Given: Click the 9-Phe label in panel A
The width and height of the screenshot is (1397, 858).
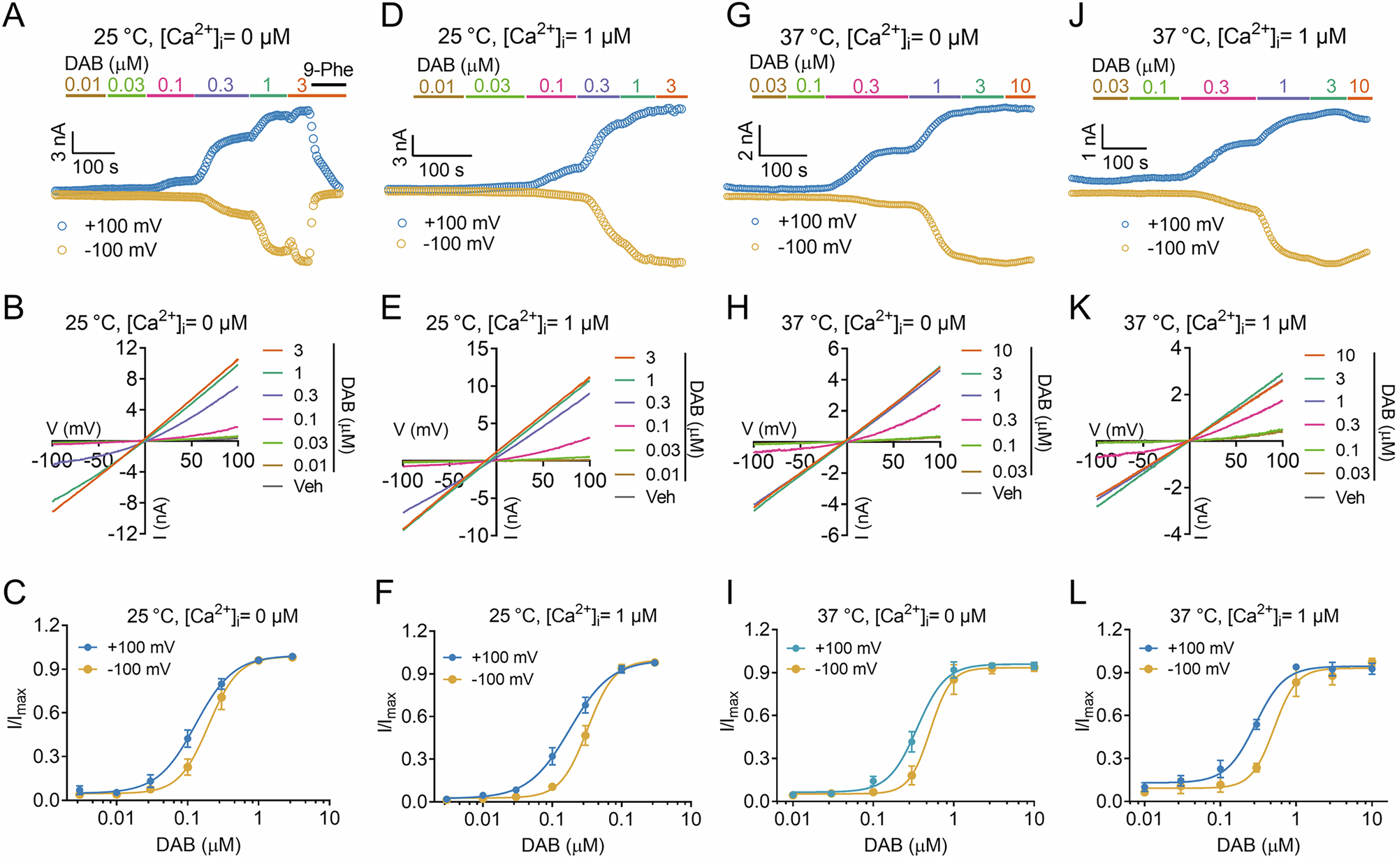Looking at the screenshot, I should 328,70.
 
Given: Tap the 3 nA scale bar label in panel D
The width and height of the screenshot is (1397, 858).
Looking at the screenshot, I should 400,147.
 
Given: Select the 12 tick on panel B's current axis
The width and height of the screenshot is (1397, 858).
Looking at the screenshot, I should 126,347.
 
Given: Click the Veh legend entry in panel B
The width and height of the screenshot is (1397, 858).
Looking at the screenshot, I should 307,486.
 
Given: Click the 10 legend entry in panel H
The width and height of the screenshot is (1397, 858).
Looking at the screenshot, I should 1002,351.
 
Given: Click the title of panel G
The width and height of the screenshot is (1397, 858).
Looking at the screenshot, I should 879,36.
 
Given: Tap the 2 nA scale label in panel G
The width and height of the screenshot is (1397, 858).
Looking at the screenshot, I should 746,140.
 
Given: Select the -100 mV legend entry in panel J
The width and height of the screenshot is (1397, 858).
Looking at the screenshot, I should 1183,248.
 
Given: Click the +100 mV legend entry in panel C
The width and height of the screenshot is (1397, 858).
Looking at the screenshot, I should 140,647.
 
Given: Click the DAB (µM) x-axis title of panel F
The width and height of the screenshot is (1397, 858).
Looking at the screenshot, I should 562,845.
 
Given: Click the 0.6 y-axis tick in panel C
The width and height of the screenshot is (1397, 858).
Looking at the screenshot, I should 45,713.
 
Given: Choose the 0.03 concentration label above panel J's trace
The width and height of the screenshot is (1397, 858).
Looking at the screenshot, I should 1110,87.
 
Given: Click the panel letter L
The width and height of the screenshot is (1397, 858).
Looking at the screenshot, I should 1078,593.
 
